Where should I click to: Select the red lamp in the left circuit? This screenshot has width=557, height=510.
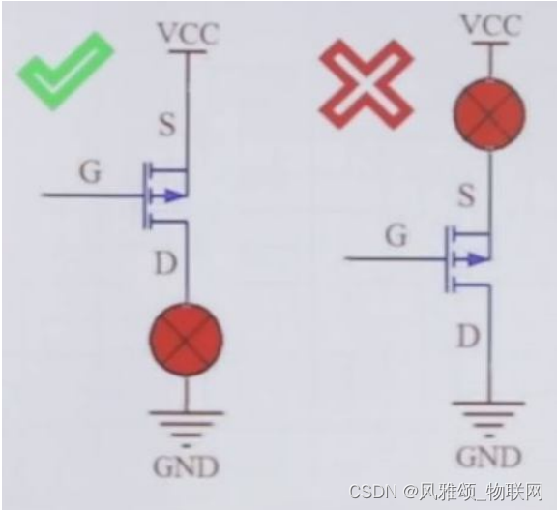[x=186, y=339]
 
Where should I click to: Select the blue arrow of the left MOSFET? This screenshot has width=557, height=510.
[x=172, y=195]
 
